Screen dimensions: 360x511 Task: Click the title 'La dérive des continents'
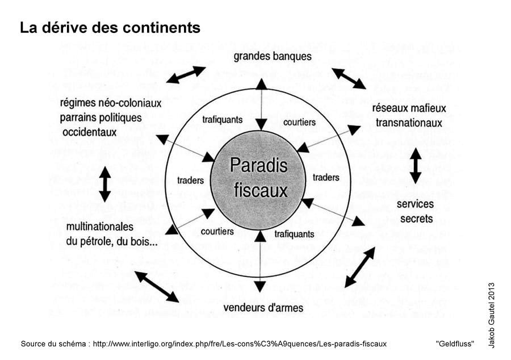pyautogui.click(x=110, y=28)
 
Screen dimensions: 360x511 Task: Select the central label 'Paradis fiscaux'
pyautogui.click(x=259, y=177)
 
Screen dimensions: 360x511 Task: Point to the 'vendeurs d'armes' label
pyautogui.click(x=263, y=308)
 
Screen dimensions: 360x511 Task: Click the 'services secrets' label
pyautogui.click(x=415, y=211)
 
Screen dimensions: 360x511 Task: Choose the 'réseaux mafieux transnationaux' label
pyautogui.click(x=409, y=115)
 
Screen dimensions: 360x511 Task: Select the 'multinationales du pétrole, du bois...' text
pyautogui.click(x=111, y=233)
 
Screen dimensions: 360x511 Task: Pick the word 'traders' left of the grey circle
pyautogui.click(x=190, y=181)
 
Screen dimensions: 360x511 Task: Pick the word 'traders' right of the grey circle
pyautogui.click(x=326, y=178)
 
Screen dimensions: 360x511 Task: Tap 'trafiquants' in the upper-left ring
pyautogui.click(x=223, y=120)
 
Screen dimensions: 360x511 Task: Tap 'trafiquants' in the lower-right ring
pyautogui.click(x=294, y=233)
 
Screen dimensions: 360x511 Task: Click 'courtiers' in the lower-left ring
pyautogui.click(x=217, y=231)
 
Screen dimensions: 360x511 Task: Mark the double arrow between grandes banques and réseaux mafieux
pyautogui.click(x=349, y=78)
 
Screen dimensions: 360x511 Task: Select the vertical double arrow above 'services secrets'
pyautogui.click(x=416, y=165)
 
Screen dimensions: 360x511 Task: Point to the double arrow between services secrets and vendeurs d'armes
pyautogui.click(x=360, y=267)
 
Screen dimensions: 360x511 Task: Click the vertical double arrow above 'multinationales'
pyautogui.click(x=105, y=184)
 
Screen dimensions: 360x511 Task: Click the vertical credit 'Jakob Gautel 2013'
pyautogui.click(x=491, y=315)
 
